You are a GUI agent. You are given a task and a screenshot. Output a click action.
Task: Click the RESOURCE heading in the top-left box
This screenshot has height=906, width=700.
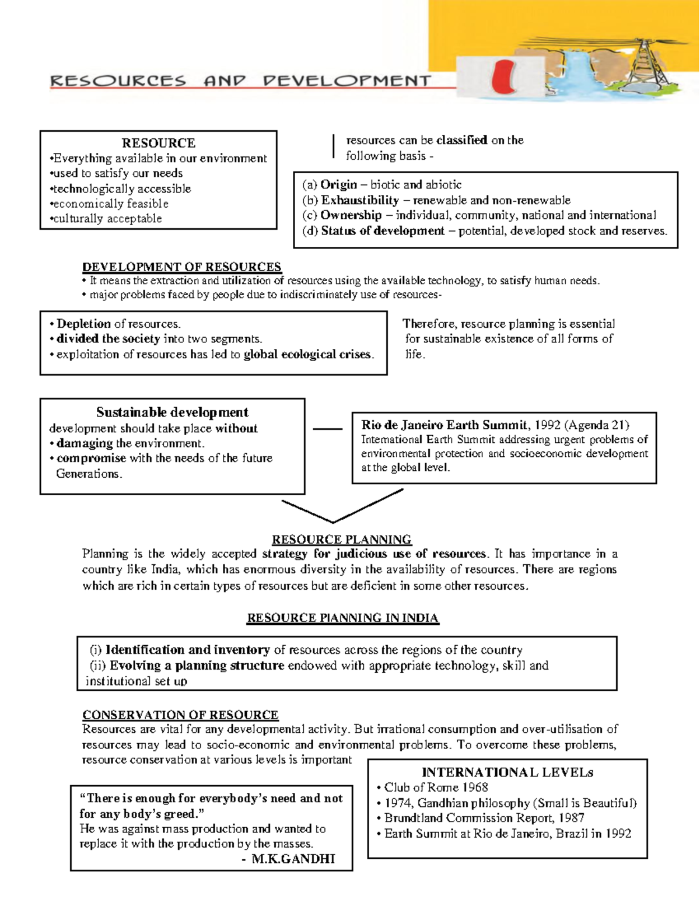[158, 143]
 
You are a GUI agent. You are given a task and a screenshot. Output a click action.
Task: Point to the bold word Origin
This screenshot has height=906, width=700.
[338, 185]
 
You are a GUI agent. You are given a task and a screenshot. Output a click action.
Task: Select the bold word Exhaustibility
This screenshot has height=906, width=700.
[360, 200]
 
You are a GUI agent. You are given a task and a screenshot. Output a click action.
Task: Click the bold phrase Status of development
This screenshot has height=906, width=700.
[383, 231]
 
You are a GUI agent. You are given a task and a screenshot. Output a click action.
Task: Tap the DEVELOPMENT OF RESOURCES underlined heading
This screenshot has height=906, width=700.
[181, 267]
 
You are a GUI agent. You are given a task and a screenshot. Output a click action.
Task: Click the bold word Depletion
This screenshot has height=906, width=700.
[83, 324]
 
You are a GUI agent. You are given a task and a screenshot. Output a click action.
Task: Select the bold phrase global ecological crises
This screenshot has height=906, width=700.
[308, 354]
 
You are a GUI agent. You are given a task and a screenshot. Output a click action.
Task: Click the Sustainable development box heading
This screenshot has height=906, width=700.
[172, 412]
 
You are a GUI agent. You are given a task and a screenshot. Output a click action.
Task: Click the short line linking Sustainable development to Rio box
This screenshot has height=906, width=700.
[327, 429]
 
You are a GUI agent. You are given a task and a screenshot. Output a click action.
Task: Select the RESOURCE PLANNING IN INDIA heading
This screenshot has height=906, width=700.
[342, 618]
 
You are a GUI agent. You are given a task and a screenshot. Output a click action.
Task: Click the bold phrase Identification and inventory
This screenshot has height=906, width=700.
[187, 650]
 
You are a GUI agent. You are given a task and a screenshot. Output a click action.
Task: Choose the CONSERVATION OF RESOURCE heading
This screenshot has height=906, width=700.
[180, 715]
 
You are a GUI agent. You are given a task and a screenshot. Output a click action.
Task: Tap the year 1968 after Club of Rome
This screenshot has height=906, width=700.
[475, 788]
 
